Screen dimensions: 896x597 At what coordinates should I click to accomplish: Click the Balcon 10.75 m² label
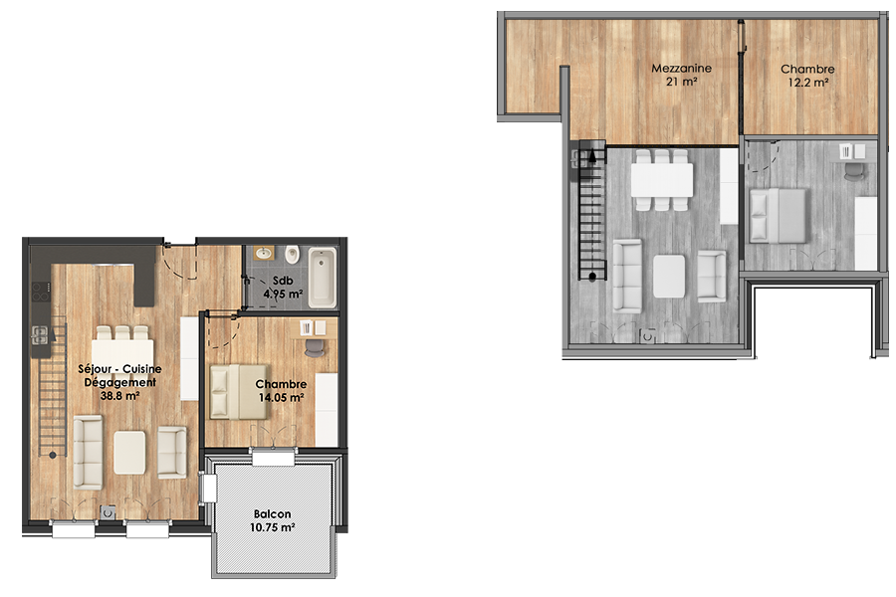click(272, 520)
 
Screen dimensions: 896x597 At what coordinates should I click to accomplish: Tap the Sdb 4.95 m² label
click(283, 288)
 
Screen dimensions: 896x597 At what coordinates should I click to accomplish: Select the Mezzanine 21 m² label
click(681, 75)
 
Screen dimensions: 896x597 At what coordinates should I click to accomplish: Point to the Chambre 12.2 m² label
click(807, 76)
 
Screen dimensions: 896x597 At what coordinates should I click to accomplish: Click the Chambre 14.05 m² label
click(281, 391)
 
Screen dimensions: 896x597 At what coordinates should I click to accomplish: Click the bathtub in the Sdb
click(323, 277)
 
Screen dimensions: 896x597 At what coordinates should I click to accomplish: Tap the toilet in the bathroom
click(292, 255)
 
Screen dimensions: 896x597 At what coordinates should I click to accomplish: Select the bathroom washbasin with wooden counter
click(264, 253)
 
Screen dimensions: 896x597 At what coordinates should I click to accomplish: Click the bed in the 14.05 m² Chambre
click(238, 392)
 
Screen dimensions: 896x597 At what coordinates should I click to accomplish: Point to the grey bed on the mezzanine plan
click(778, 216)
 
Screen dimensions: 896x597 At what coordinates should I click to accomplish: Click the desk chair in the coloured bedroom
click(315, 348)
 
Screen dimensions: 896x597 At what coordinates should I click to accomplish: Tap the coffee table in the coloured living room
click(129, 453)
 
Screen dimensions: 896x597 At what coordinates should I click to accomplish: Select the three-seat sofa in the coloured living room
click(88, 452)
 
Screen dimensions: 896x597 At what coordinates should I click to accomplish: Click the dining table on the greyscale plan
click(662, 180)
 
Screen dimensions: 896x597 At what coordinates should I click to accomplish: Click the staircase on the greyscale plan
click(592, 210)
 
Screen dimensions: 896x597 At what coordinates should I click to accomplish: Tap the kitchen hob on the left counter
click(41, 292)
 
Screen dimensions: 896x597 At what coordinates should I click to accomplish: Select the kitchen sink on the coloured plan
click(40, 334)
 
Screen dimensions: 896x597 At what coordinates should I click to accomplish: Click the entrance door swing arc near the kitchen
click(182, 265)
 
